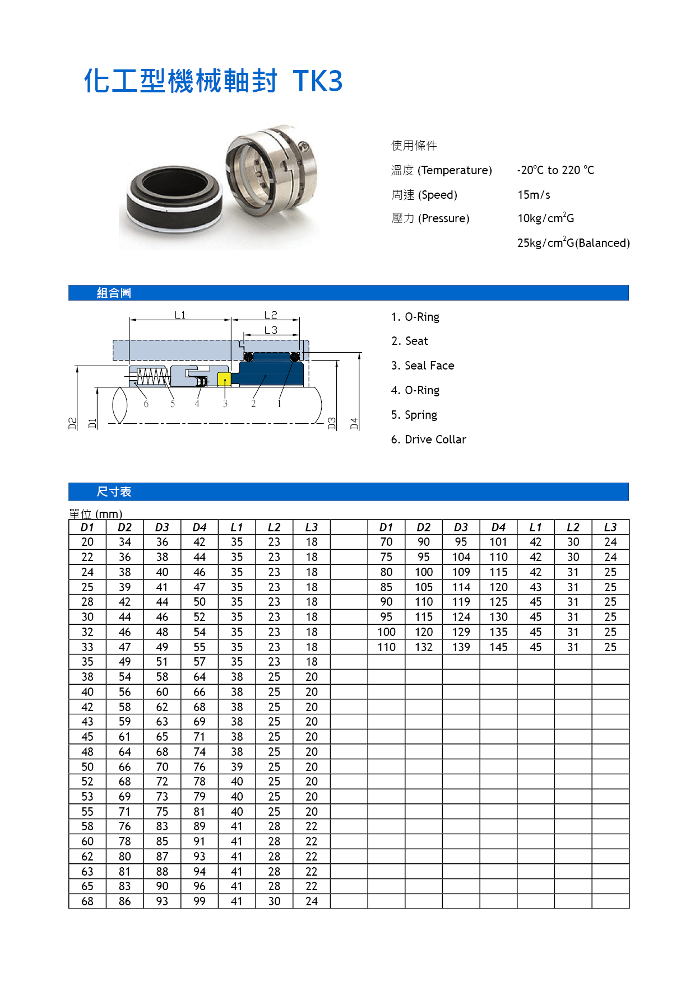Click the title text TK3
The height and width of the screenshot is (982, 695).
(317, 81)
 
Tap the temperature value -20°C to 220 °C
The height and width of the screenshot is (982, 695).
(555, 170)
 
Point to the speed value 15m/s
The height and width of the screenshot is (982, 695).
(534, 195)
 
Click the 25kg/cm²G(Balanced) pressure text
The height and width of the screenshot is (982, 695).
(573, 242)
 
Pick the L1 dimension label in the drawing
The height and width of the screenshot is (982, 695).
(180, 315)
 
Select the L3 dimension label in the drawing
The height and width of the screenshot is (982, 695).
(271, 330)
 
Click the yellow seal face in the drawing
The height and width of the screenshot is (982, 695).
(224, 379)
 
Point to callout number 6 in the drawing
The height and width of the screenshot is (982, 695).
(146, 404)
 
